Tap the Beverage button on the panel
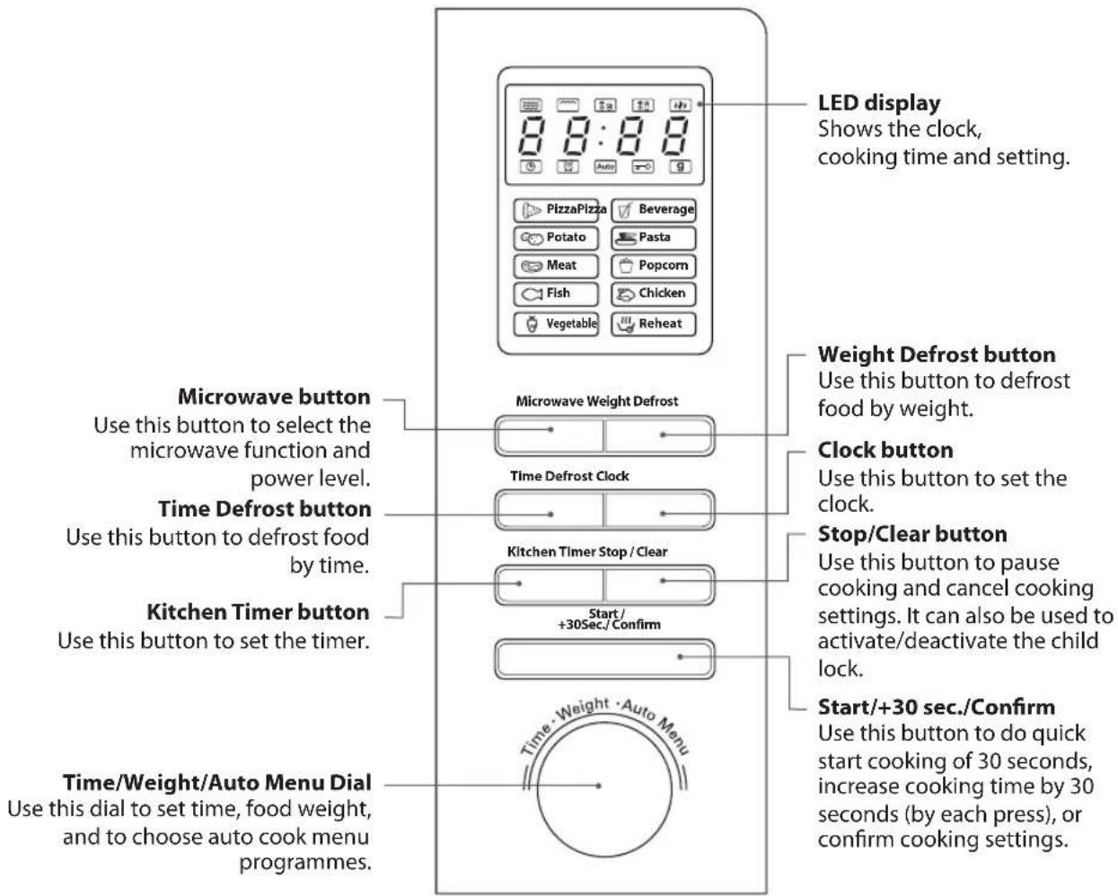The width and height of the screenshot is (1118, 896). pyautogui.click(x=654, y=210)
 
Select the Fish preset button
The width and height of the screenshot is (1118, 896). pyautogui.click(x=556, y=294)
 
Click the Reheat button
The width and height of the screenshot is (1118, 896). pyautogui.click(x=654, y=324)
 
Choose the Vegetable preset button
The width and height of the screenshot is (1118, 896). pyautogui.click(x=556, y=324)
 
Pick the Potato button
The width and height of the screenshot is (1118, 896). pyautogui.click(x=556, y=238)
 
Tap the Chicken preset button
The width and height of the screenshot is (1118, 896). pyautogui.click(x=654, y=294)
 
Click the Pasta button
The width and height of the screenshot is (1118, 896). pyautogui.click(x=654, y=238)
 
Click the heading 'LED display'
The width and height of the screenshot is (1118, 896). pyautogui.click(x=879, y=103)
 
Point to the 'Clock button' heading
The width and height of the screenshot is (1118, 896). pyautogui.click(x=885, y=450)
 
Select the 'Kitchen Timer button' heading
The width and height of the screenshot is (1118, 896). pyautogui.click(x=259, y=612)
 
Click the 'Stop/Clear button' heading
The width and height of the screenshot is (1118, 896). pyautogui.click(x=912, y=534)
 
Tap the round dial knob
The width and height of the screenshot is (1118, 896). pyautogui.click(x=604, y=789)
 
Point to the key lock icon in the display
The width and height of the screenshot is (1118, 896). pyautogui.click(x=643, y=167)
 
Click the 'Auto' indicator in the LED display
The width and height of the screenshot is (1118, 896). pyautogui.click(x=605, y=167)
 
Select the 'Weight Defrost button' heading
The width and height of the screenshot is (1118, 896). pyautogui.click(x=937, y=355)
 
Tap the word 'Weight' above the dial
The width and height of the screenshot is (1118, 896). pyautogui.click(x=583, y=709)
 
